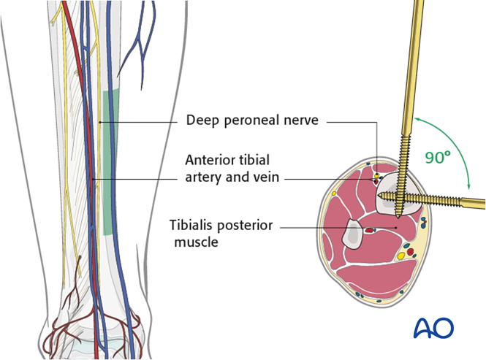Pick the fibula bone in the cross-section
click(x=354, y=231)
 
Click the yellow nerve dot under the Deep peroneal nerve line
click(x=378, y=176)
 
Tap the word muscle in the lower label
click(x=196, y=241)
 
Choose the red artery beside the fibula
click(x=370, y=231)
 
